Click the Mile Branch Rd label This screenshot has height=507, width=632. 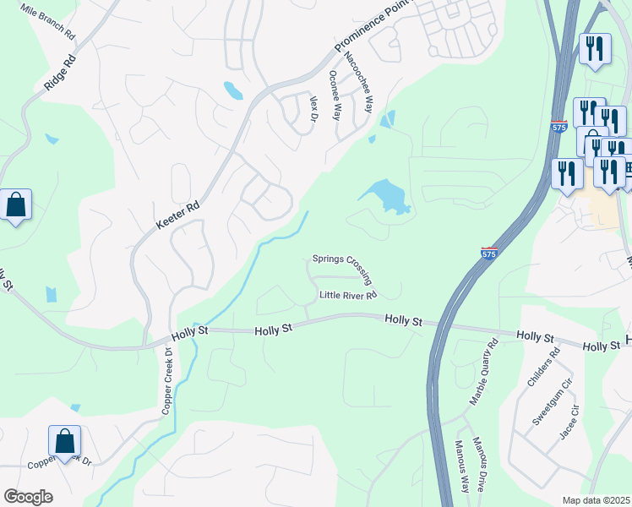(47, 13)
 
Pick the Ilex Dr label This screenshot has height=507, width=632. (313, 107)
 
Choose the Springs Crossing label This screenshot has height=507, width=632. (342, 259)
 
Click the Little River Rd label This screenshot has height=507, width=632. (347, 295)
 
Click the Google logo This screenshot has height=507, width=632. (28, 497)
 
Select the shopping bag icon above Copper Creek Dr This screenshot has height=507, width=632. (64, 440)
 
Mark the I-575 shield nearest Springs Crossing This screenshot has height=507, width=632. (489, 253)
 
